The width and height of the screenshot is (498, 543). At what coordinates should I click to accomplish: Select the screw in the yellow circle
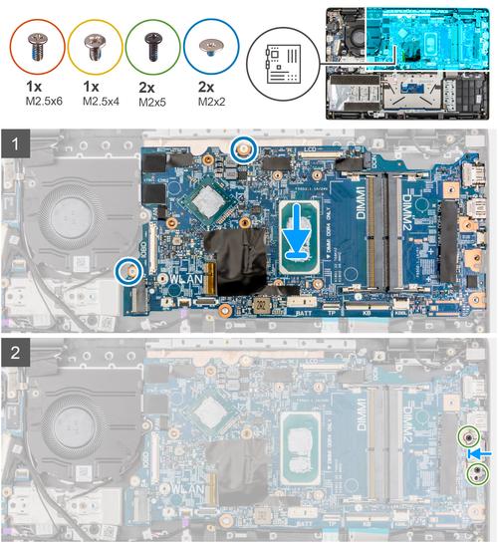pyautogui.click(x=96, y=46)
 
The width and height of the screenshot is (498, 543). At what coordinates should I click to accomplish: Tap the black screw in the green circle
pyautogui.click(x=154, y=46)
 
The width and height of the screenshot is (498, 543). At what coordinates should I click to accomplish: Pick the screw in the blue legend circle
pyautogui.click(x=212, y=46)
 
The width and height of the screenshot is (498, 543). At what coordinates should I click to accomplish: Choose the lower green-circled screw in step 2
pyautogui.click(x=479, y=475)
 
